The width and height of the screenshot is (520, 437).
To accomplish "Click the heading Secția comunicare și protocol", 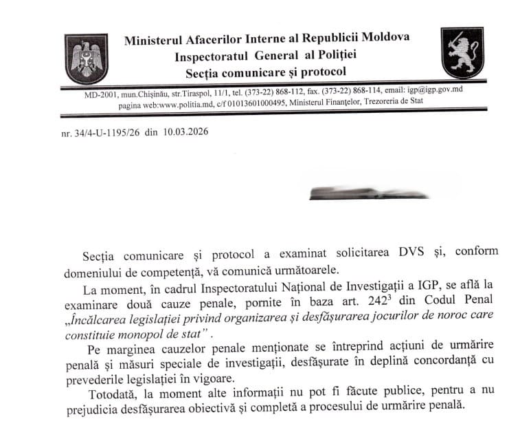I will (x=265, y=71).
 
